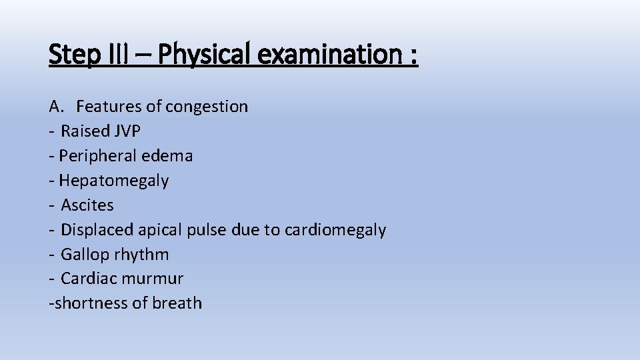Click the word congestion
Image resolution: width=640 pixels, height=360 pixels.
click(x=207, y=107)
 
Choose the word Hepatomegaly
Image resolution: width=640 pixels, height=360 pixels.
click(x=113, y=181)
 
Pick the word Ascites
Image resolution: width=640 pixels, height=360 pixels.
click(x=87, y=205)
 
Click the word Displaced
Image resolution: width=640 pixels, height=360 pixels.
click(x=97, y=230)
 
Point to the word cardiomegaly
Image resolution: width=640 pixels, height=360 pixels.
click(x=335, y=230)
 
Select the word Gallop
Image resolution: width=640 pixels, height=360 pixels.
click(x=84, y=255)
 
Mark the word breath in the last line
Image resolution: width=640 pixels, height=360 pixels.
click(x=177, y=303)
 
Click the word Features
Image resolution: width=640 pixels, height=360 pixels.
click(x=106, y=107)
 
